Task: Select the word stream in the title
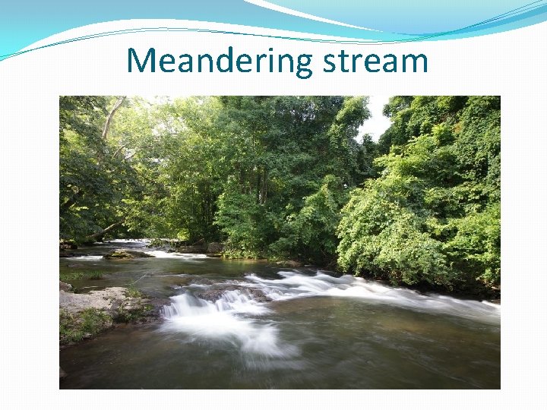pos(375,61)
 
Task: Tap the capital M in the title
pos(142,61)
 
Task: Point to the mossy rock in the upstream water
pos(126,254)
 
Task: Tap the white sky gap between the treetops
pos(375,121)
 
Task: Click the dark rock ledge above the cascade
pos(228,292)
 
